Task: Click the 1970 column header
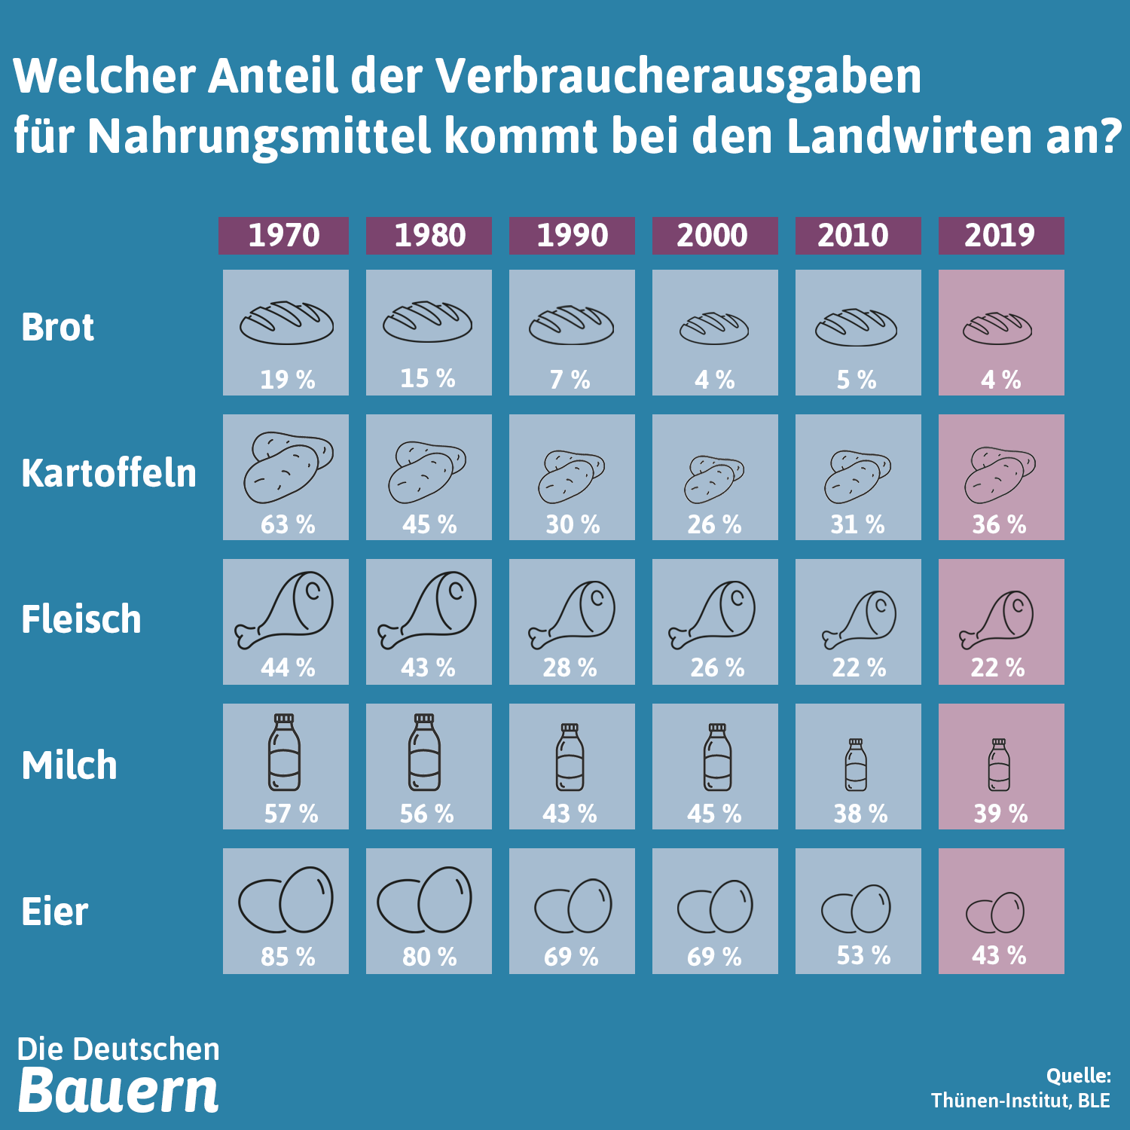(284, 236)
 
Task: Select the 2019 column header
(1000, 236)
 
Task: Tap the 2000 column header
(713, 236)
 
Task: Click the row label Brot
(58, 328)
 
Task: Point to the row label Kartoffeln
(109, 474)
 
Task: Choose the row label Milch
(69, 766)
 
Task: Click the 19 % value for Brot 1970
(287, 379)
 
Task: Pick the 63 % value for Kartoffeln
(287, 524)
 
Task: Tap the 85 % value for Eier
(287, 957)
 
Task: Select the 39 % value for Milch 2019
(1000, 814)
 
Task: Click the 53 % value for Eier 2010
(863, 956)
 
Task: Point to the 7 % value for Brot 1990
(570, 379)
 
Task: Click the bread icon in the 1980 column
(427, 322)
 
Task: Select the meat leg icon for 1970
(284, 610)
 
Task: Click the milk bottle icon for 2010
(856, 765)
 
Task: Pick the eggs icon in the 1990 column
(573, 906)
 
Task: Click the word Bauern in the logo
(118, 1090)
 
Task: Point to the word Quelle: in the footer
(1078, 1076)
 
